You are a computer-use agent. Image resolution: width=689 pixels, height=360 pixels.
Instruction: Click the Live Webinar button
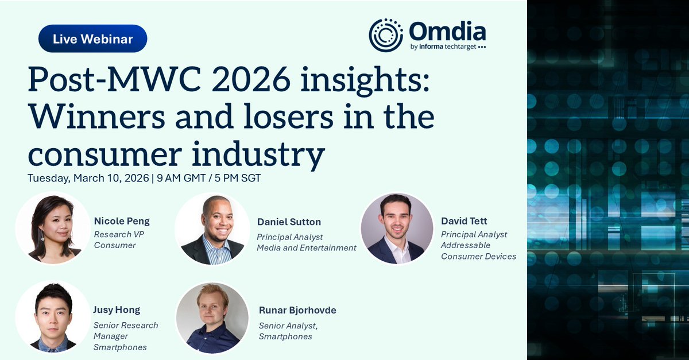tap(93, 39)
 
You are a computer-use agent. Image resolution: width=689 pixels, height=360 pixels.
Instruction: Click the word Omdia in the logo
tap(448, 31)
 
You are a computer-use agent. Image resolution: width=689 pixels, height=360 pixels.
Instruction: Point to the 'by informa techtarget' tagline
tap(448, 48)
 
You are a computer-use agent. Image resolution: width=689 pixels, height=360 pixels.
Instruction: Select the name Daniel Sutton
tap(289, 222)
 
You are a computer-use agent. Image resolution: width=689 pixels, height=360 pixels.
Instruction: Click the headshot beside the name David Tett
tap(397, 228)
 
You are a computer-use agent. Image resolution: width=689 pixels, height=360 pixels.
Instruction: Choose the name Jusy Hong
tap(117, 310)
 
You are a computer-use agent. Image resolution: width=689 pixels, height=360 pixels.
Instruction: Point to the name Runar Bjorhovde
tap(297, 310)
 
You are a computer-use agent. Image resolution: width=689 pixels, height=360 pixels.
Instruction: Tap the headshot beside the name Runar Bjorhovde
tap(212, 318)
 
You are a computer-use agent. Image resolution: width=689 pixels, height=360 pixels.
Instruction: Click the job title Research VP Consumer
tap(115, 239)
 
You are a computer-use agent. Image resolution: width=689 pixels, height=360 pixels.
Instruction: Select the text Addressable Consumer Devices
tap(478, 251)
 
